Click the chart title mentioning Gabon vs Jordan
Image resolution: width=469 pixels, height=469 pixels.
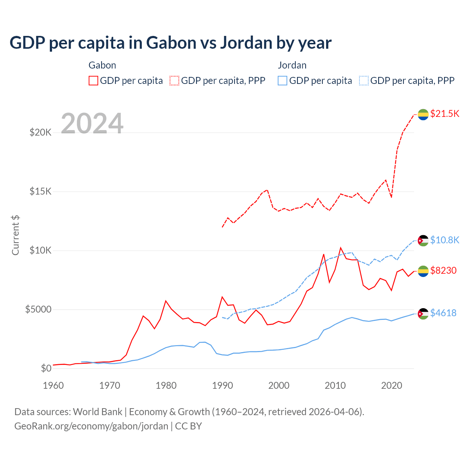170,43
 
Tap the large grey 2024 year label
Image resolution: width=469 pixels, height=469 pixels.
92,123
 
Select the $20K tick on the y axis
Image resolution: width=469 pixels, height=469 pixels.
40,132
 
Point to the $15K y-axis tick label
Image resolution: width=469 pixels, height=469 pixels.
40,191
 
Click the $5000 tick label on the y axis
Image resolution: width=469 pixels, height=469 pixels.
38,309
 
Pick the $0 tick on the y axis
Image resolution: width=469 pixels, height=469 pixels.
46,368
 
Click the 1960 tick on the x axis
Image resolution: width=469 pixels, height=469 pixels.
53,385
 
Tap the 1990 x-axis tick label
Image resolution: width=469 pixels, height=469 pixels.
222,385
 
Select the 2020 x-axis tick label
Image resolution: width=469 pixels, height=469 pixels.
392,385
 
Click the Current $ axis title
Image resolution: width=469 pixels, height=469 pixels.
15,235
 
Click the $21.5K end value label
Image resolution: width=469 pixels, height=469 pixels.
444,114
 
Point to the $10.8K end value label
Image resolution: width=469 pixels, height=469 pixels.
444,240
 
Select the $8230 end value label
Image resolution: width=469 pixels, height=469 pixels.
443,270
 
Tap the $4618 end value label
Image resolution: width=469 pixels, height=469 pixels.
443,313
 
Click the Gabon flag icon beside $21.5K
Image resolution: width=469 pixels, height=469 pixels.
423,114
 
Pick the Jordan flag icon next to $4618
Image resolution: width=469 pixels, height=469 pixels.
423,314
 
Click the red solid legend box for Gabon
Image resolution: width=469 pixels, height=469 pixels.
93,81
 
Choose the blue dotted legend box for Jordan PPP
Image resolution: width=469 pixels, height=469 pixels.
364,81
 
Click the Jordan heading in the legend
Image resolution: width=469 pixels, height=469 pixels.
292,65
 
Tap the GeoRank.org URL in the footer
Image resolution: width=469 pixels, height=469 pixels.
91,426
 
